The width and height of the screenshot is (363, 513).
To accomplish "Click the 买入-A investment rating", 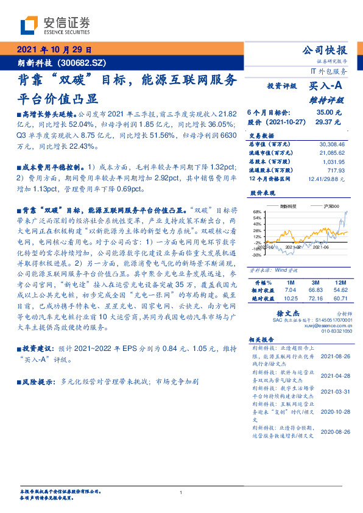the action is (327, 87).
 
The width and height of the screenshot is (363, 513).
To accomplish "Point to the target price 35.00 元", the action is (325, 113).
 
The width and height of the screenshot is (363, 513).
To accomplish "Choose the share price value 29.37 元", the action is (325, 122).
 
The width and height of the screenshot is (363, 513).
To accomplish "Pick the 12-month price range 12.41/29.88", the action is (326, 179).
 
